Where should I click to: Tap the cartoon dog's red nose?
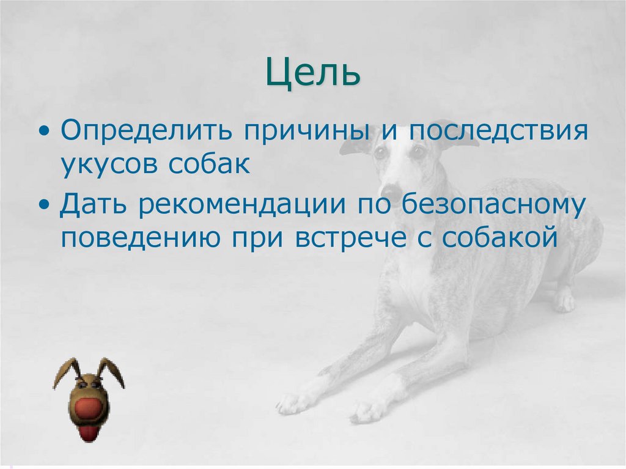(90, 409)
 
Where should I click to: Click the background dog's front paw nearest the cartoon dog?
(290, 403)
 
